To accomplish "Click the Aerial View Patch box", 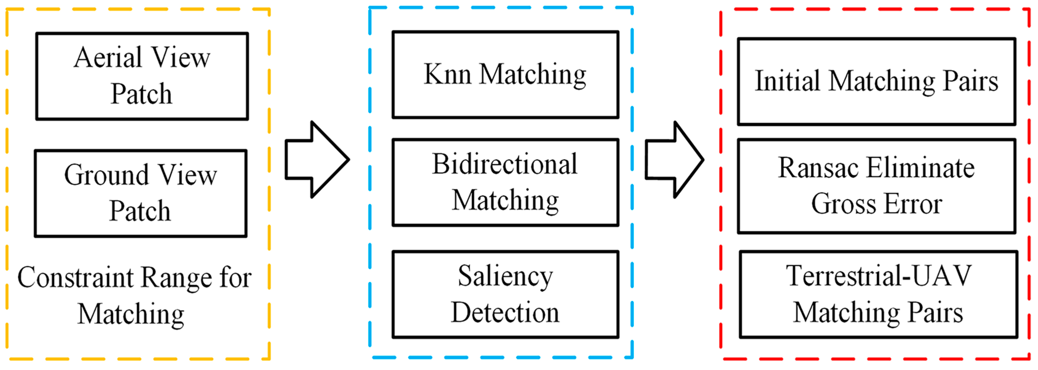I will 142,76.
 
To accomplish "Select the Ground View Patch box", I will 141,194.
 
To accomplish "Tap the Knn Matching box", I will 505,75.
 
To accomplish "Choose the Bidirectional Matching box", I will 505,182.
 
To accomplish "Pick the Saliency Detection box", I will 505,294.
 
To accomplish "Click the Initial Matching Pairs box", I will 876,81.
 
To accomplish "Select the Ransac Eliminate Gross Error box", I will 876,186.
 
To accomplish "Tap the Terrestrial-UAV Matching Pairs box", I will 879,294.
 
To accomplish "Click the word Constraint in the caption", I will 75,278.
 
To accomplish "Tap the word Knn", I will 447,75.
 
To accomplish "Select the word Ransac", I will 818,168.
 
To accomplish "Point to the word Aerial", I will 108,58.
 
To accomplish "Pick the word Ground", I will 106,175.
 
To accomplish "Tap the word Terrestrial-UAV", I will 879,276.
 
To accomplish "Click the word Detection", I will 505,313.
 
